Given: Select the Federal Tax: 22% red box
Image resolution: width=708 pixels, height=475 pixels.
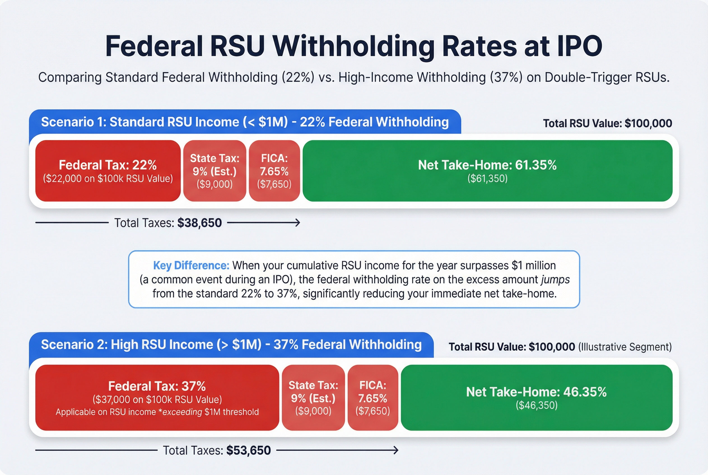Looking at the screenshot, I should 108,171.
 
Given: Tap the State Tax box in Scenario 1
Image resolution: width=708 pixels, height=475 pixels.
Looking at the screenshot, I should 215,171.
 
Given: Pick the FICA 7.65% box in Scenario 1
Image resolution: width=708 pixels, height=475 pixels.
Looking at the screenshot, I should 274,171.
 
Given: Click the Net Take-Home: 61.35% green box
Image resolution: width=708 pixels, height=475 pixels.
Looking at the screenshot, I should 487,171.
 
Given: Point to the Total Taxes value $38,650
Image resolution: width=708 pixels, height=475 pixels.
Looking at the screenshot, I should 199,223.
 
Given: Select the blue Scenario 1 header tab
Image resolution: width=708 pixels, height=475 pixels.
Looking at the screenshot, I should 245,122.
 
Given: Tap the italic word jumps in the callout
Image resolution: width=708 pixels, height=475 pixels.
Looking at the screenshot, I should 555,279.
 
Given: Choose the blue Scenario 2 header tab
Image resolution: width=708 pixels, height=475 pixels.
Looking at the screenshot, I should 231,345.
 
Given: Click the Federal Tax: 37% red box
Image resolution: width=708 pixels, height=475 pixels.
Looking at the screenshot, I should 157,397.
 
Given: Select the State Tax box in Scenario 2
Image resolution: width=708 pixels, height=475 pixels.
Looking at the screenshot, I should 313,397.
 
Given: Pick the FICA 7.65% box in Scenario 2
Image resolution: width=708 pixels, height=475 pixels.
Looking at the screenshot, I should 373,397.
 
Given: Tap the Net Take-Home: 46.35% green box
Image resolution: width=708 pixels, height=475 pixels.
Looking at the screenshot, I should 536,397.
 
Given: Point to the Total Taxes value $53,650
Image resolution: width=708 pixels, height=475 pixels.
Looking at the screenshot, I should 248,450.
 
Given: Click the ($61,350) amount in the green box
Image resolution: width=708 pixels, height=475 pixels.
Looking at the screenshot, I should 487,178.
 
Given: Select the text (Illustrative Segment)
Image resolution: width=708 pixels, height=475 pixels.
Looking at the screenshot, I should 625,347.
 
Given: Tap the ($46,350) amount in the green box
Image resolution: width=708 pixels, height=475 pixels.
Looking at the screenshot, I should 536,405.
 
